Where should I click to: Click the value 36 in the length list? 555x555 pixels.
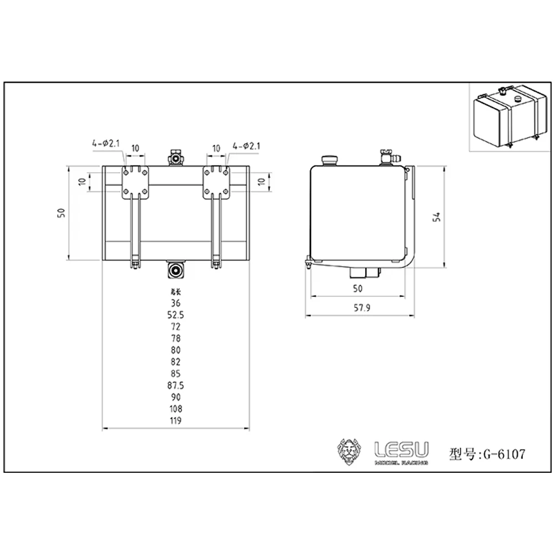(176, 303)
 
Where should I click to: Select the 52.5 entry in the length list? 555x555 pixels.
(176, 315)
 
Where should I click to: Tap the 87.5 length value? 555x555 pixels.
(176, 385)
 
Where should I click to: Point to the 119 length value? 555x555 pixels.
(176, 421)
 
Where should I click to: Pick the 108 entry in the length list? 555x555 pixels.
(176, 409)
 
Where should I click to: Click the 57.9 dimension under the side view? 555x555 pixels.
(361, 309)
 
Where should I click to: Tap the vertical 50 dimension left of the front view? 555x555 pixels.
(62, 212)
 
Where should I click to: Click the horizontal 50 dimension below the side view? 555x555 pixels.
(357, 288)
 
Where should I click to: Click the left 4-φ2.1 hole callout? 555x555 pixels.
(107, 144)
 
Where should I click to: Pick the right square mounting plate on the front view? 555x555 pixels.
(217, 183)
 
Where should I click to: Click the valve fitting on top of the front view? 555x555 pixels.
(176, 157)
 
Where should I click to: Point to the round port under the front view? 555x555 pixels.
(176, 271)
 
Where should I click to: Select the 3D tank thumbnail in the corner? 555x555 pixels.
(508, 117)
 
